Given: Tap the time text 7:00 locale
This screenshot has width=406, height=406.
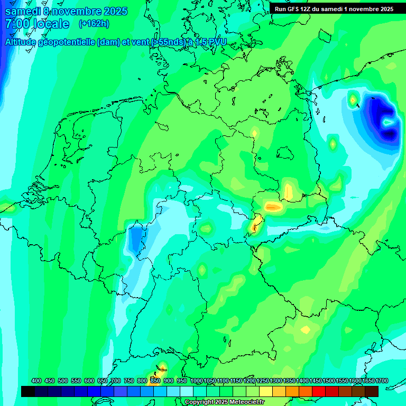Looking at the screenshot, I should point(37,24).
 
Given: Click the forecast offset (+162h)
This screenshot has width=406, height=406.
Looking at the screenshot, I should point(94,24).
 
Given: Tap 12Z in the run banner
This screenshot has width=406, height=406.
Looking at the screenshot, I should point(307,9).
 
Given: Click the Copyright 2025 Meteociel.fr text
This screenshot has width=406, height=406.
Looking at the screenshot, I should point(224,402).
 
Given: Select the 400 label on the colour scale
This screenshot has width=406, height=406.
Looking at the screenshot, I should point(36,381).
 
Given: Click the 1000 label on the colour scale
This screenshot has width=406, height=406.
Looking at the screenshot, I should point(197,381).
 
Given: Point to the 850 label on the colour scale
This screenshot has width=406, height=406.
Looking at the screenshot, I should point(155,381).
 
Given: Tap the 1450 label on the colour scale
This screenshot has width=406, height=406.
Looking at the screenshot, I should point(316,381).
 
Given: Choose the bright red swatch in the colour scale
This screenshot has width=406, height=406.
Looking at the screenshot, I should point(319,391).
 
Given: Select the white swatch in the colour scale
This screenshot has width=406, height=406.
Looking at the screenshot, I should point(187,391).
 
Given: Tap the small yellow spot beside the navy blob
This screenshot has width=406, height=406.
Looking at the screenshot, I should point(353,98).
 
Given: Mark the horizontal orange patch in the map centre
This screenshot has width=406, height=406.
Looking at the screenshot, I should point(273,207).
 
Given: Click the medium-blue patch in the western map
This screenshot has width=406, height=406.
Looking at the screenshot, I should point(136,238).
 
